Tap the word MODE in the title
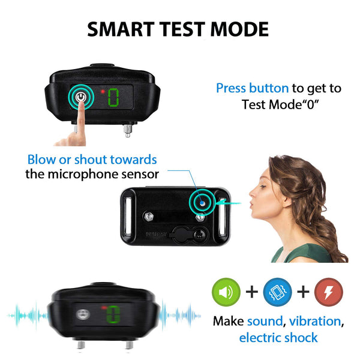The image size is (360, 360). pyautogui.click(x=241, y=29)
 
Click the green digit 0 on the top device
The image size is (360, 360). pyautogui.click(x=113, y=98)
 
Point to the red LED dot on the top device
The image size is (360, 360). pyautogui.click(x=103, y=91)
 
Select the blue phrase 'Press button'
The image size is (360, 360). pyautogui.click(x=252, y=88)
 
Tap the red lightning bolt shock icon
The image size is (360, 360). pyautogui.click(x=329, y=292)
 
